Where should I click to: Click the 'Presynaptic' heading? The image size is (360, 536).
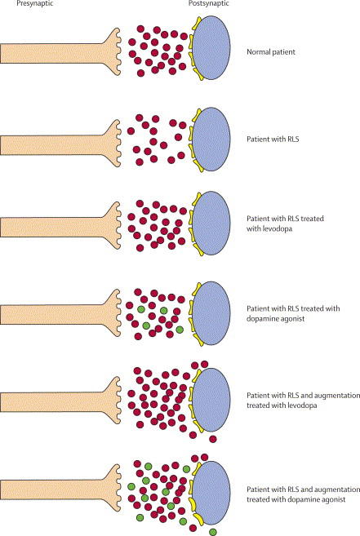[34, 3]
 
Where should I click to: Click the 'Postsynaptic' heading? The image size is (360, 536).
[208, 3]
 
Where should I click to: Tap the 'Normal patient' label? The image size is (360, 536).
[271, 52]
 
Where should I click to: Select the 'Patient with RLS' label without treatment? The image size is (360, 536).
[273, 140]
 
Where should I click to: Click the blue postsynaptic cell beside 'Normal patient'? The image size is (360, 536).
[211, 47]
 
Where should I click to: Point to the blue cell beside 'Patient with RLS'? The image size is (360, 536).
[211, 139]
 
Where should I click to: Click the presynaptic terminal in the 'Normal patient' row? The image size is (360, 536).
[60, 53]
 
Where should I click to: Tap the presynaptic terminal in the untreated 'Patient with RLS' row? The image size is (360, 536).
[60, 144]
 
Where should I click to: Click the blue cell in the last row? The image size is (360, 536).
[211, 492]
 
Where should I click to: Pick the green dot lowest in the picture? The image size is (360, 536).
[213, 532]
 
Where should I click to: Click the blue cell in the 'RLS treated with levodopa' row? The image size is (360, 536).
[211, 223]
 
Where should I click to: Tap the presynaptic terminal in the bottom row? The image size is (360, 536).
[60, 489]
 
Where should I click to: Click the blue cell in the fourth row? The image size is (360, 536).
[211, 313]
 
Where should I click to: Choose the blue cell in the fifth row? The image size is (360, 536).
[211, 400]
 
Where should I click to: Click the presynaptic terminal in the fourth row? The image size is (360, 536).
[60, 314]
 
